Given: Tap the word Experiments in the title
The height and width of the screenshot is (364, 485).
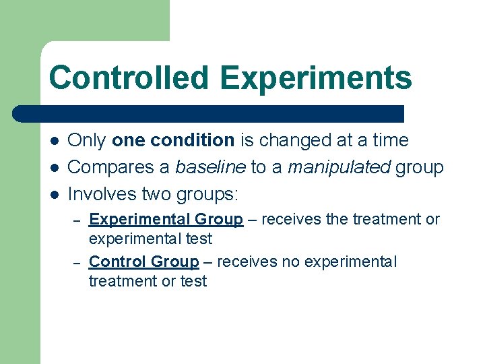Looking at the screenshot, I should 315,78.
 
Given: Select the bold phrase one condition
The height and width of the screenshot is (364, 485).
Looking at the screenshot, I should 173,140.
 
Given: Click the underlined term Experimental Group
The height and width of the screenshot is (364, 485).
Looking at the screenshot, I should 166,219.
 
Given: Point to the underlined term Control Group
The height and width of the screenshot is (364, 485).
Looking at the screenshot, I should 143,262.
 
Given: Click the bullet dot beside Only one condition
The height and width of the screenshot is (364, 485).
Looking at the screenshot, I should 53,141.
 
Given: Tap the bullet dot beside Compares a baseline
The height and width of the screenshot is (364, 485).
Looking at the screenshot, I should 53,168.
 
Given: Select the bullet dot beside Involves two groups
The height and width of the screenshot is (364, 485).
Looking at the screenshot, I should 53,195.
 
